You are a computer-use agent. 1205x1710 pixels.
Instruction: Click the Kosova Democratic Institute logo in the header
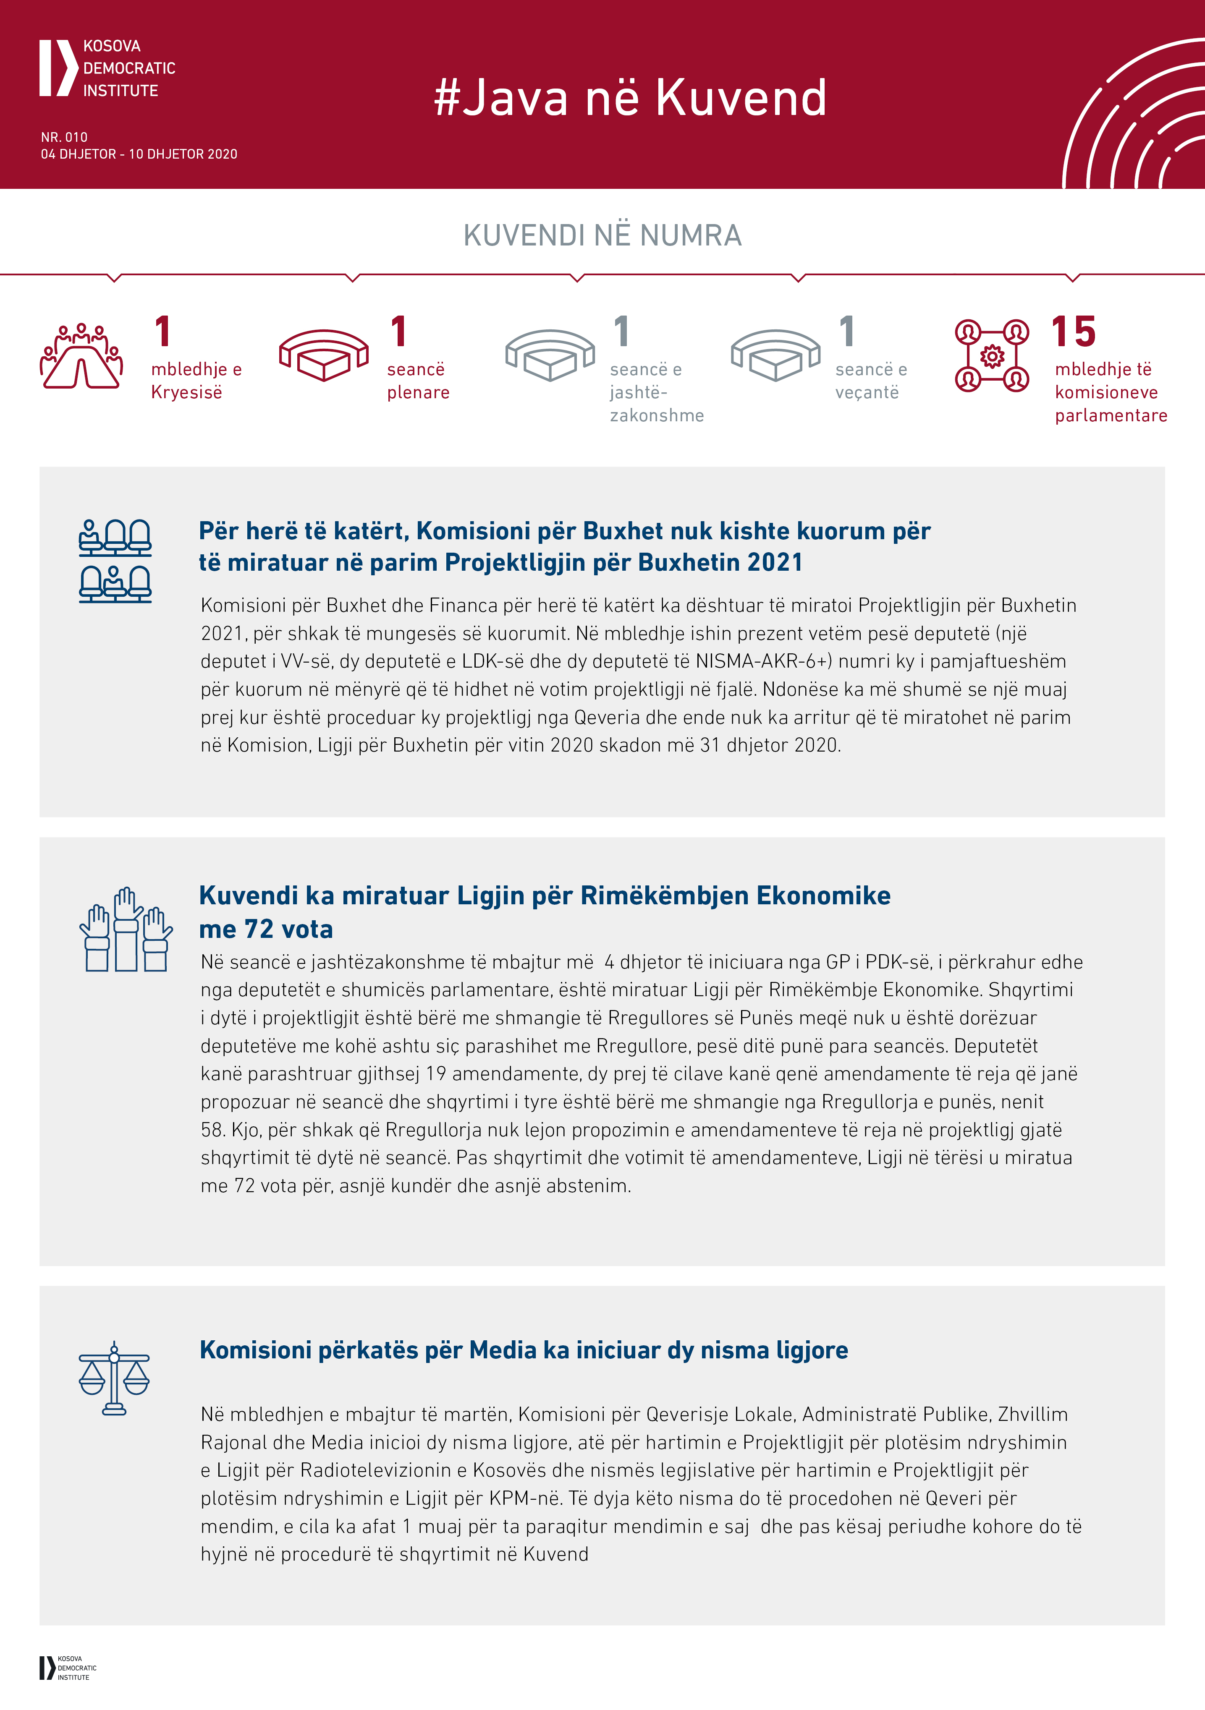point(107,68)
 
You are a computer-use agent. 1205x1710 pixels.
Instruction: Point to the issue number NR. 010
point(64,137)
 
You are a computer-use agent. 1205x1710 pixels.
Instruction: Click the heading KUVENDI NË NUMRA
point(602,235)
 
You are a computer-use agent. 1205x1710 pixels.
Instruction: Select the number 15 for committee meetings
point(1073,332)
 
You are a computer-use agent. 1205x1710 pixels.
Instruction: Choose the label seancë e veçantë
point(870,381)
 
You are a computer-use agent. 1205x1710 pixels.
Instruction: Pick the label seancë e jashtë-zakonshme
point(656,392)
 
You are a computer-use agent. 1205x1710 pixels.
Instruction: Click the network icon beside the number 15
point(992,356)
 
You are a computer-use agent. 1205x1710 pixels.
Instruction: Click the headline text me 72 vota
point(266,929)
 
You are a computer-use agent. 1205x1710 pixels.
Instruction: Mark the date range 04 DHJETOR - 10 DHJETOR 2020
point(139,154)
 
